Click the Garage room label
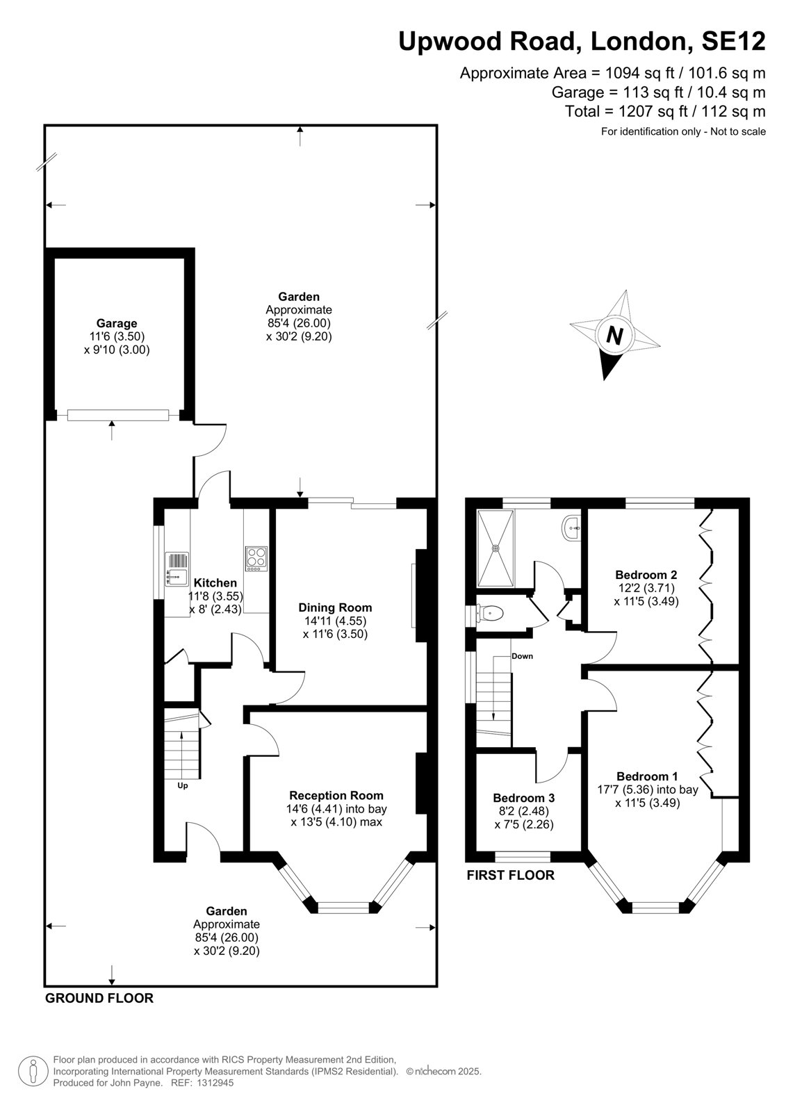(117, 323)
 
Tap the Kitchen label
(215, 582)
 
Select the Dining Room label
(335, 607)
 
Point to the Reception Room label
(336, 795)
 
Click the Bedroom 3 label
(524, 812)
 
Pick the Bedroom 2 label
(646, 574)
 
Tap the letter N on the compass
(615, 336)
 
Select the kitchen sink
(177, 569)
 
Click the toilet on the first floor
(489, 614)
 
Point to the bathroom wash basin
(571, 528)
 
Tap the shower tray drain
(495, 548)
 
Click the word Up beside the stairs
(183, 786)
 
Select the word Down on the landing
(523, 656)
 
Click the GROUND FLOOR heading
(99, 998)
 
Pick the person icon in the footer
(33, 1071)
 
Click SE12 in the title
(733, 41)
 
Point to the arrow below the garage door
(112, 430)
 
